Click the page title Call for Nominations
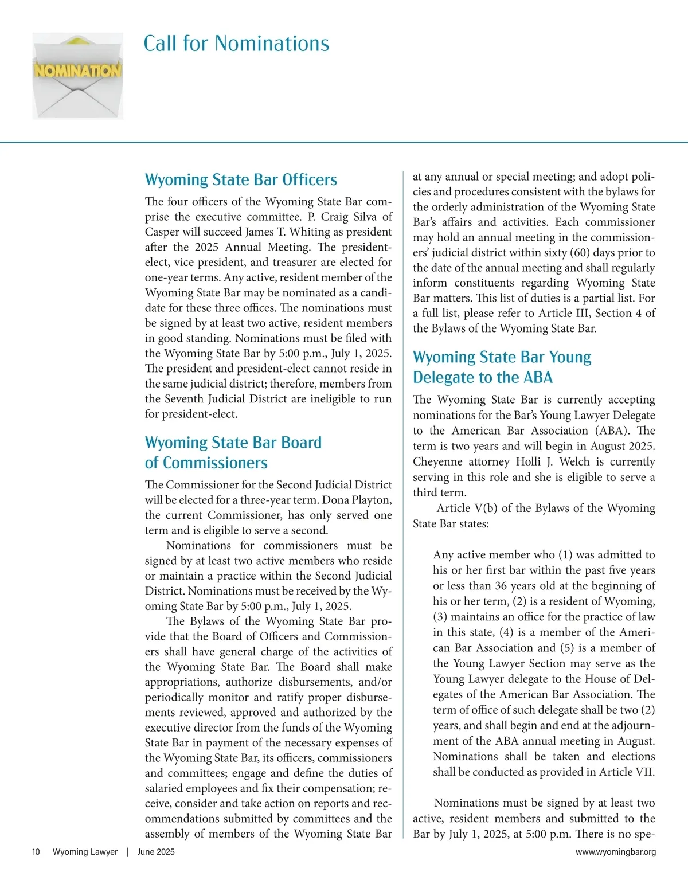(x=236, y=44)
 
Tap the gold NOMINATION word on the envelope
(x=78, y=71)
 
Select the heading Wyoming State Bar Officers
(x=241, y=179)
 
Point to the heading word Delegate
(x=444, y=377)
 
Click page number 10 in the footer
(x=36, y=852)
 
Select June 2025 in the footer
(x=156, y=852)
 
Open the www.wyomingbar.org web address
(x=616, y=852)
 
